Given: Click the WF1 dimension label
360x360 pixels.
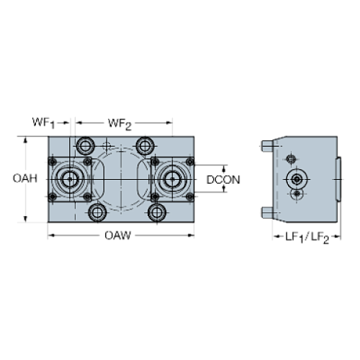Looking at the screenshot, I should pos(42,121).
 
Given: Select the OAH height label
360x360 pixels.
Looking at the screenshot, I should pos(25,179).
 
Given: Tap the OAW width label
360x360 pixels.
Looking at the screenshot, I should pos(118,235).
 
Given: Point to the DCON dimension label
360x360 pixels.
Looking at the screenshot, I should pos(223,179).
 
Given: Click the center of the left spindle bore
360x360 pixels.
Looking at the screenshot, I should pos(71,179).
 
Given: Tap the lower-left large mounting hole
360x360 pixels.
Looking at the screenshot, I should pos(96,212).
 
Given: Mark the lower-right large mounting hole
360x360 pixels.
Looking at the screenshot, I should pos(156,212).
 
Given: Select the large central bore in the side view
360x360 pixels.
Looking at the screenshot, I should pos(296,179).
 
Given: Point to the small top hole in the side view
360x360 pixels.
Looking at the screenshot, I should pos(292,159).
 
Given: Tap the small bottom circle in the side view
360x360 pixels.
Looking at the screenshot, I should pos(296,194).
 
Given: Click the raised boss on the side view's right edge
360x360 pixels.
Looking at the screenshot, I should pos(339,179).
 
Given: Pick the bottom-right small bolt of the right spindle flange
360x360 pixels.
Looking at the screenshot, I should pos(189,196).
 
